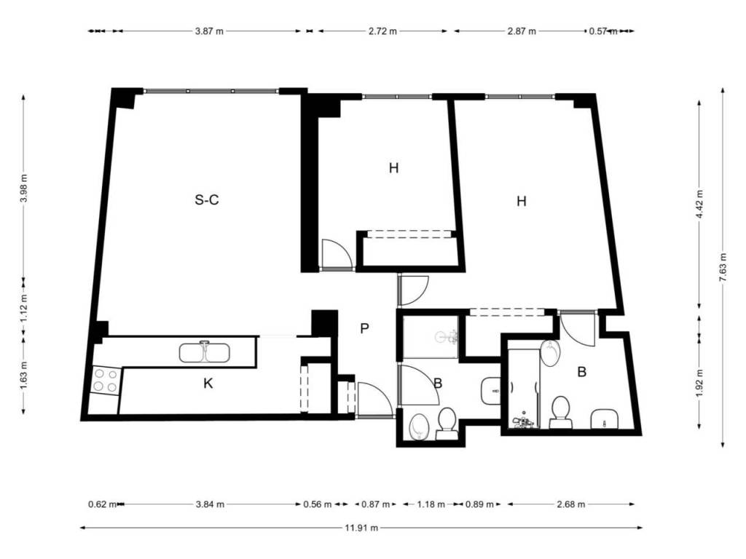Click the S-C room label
pyautogui.click(x=207, y=200)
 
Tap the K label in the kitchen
pyautogui.click(x=208, y=384)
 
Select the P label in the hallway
pyautogui.click(x=364, y=328)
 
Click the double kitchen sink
pyautogui.click(x=205, y=352)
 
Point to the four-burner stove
pyautogui.click(x=105, y=380)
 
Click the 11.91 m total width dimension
pyautogui.click(x=361, y=528)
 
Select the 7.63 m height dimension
pyautogui.click(x=723, y=267)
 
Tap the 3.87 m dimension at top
pyautogui.click(x=209, y=31)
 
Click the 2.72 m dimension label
pyautogui.click(x=382, y=31)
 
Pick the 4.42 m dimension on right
pyautogui.click(x=699, y=205)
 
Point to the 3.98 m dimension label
pyautogui.click(x=24, y=189)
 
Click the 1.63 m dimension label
pyautogui.click(x=24, y=376)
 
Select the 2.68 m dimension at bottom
pyautogui.click(x=571, y=504)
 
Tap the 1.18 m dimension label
pyautogui.click(x=431, y=504)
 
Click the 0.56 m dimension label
pyautogui.click(x=318, y=504)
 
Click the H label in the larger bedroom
pyautogui.click(x=522, y=202)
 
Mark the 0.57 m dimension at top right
pyautogui.click(x=603, y=31)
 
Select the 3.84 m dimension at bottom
pyautogui.click(x=210, y=504)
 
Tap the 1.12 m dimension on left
pyautogui.click(x=24, y=308)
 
